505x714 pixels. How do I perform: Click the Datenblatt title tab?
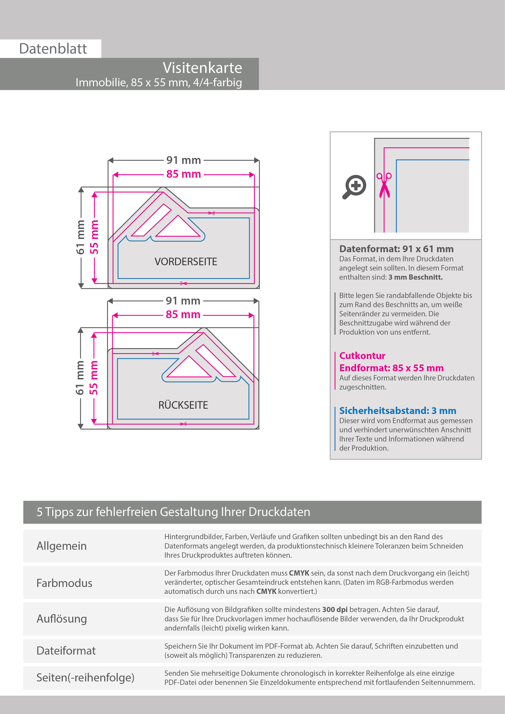53,49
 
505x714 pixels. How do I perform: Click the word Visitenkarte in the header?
202,68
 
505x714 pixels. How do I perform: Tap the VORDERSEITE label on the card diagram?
186,262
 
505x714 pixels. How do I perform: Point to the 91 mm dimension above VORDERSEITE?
183,160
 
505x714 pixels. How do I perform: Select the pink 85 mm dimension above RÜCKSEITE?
183,314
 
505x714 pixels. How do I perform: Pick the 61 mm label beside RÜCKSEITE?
80,378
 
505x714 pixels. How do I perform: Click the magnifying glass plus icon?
355,187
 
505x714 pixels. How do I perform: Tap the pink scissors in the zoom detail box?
384,185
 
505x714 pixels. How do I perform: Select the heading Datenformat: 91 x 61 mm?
396,249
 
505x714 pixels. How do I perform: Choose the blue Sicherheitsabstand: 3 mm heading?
397,411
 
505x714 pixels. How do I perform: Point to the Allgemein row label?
61,546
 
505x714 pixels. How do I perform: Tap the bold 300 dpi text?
335,610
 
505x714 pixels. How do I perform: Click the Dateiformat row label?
66,650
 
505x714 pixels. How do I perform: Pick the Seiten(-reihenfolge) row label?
85,677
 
